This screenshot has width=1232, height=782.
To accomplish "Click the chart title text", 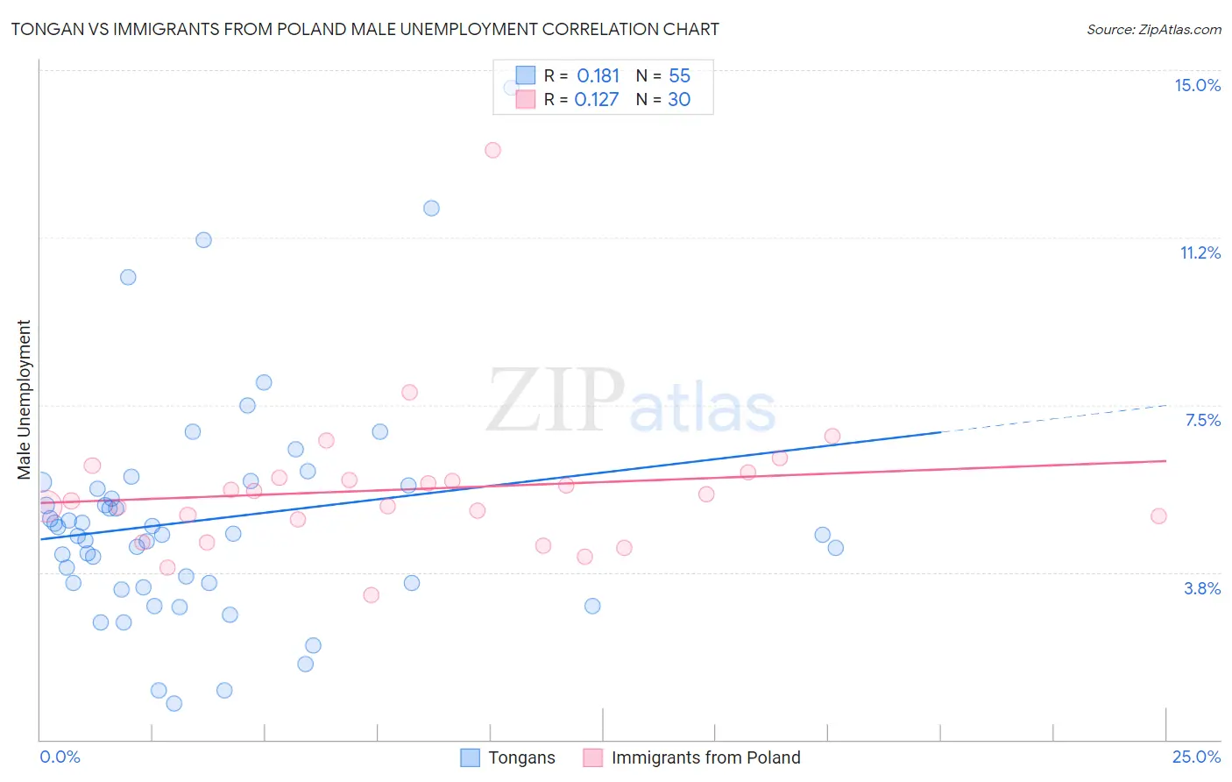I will coord(365,29).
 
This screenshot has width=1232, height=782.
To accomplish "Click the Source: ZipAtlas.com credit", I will coord(1153,30).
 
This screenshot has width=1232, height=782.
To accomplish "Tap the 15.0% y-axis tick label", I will coord(1197,85).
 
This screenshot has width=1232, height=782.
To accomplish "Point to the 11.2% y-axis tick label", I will coord(1200,252).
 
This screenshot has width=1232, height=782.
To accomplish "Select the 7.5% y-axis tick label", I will coord(1202,420).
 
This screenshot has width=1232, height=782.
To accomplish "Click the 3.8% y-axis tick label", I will coord(1202,588).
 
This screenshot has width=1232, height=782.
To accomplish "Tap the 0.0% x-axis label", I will coord(60,757).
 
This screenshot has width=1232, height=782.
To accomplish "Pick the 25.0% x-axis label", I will coord(1196,757).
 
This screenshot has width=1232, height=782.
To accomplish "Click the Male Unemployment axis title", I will coord(24,399).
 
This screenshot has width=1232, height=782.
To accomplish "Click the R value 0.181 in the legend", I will coord(598,76).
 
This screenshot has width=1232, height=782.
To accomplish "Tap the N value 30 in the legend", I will coord(679,100).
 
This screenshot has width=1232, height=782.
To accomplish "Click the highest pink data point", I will coord(492,150).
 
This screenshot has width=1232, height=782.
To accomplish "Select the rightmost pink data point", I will coord(1158,516).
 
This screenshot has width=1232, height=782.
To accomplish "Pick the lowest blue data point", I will coord(174,703).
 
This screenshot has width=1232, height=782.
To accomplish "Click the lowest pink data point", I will coord(372,594).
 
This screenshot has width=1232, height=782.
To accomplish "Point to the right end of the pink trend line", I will coord(1165,460).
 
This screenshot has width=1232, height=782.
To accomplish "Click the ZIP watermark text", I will coord(556,402).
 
